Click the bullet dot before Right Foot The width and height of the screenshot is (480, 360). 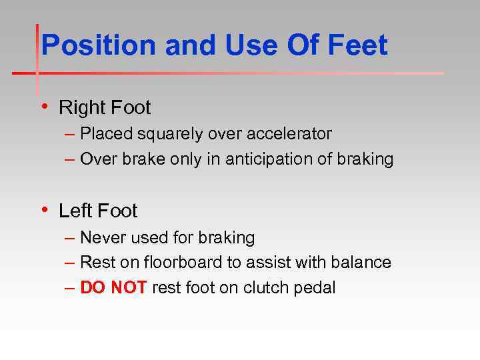click(x=44, y=106)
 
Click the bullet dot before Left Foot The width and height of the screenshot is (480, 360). click(x=44, y=210)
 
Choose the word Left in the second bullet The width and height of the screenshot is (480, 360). click(x=75, y=211)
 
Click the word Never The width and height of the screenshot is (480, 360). click(x=101, y=237)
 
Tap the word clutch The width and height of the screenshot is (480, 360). click(x=266, y=288)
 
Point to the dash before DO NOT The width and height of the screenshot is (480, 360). click(x=71, y=289)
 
